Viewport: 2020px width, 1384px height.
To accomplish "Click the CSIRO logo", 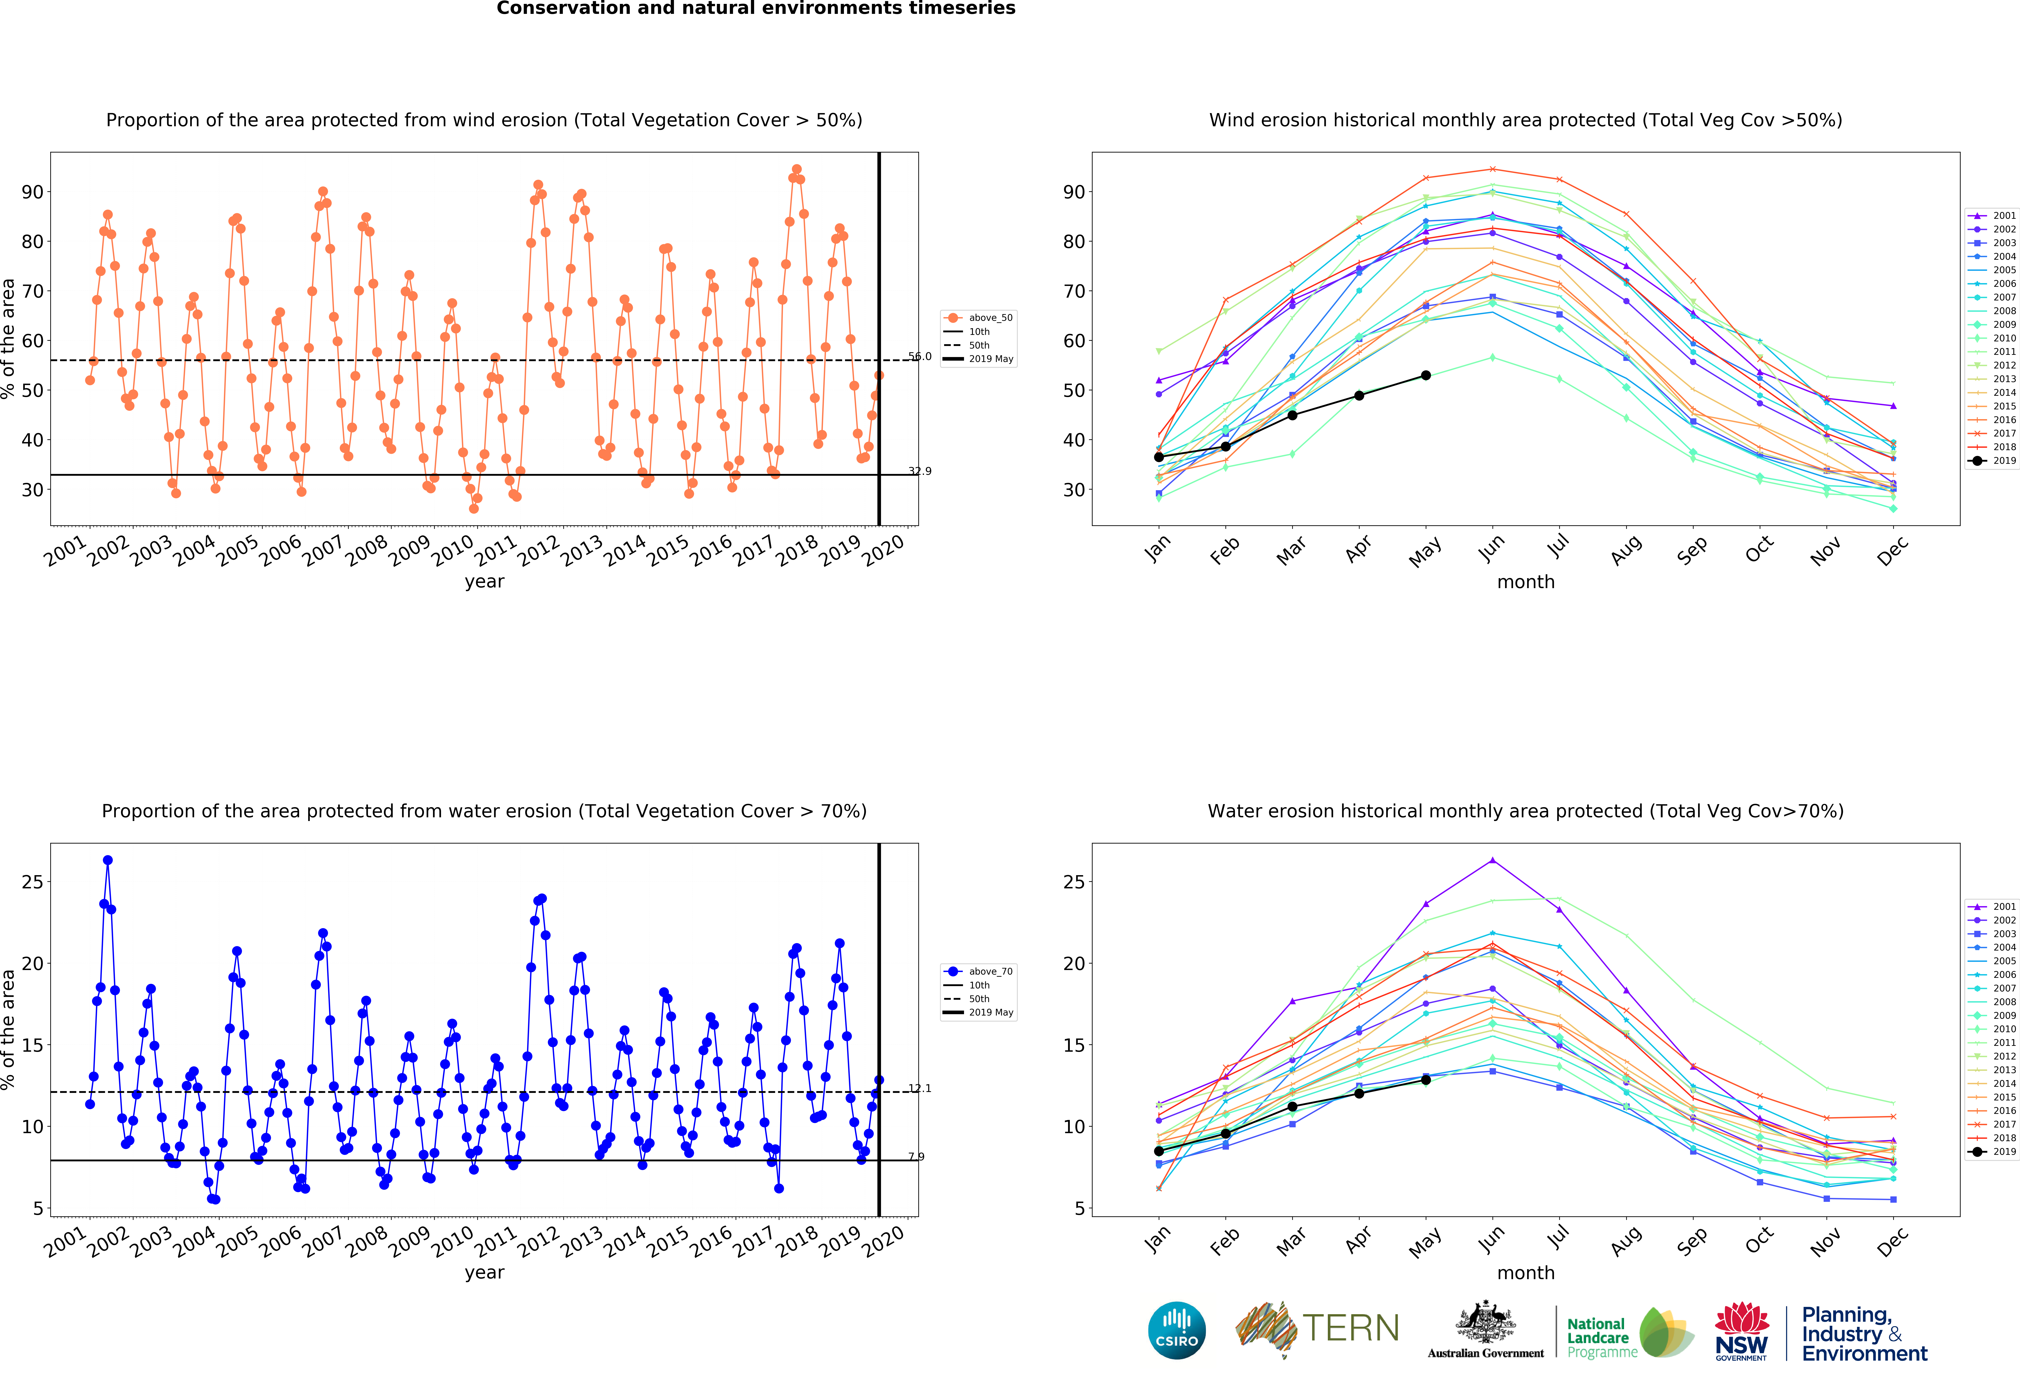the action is (1177, 1330).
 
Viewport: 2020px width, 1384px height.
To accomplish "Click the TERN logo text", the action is (1351, 1328).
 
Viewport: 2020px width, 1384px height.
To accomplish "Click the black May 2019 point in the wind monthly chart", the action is (1425, 375).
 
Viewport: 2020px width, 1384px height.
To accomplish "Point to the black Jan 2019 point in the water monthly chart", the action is (1159, 1151).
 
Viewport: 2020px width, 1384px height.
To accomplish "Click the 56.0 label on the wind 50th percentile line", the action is (920, 356).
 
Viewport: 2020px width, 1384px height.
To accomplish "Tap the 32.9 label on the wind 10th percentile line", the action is (920, 471).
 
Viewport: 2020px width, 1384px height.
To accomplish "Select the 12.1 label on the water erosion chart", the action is (920, 1088).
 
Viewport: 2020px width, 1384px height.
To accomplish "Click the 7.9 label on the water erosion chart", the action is (916, 1156).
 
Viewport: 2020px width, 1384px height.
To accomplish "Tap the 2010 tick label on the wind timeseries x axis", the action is (452, 551).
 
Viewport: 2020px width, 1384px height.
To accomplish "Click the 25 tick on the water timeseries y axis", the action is (32, 882).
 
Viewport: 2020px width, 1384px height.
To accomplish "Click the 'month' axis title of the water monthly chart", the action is (1525, 1273).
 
